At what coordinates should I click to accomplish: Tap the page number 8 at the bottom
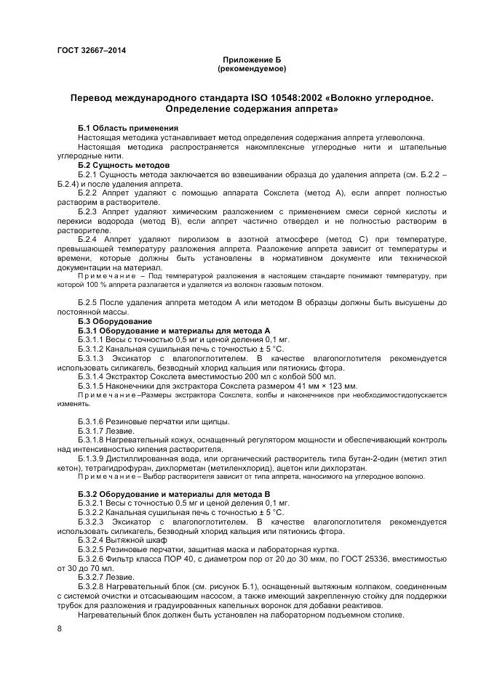pos(59,627)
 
